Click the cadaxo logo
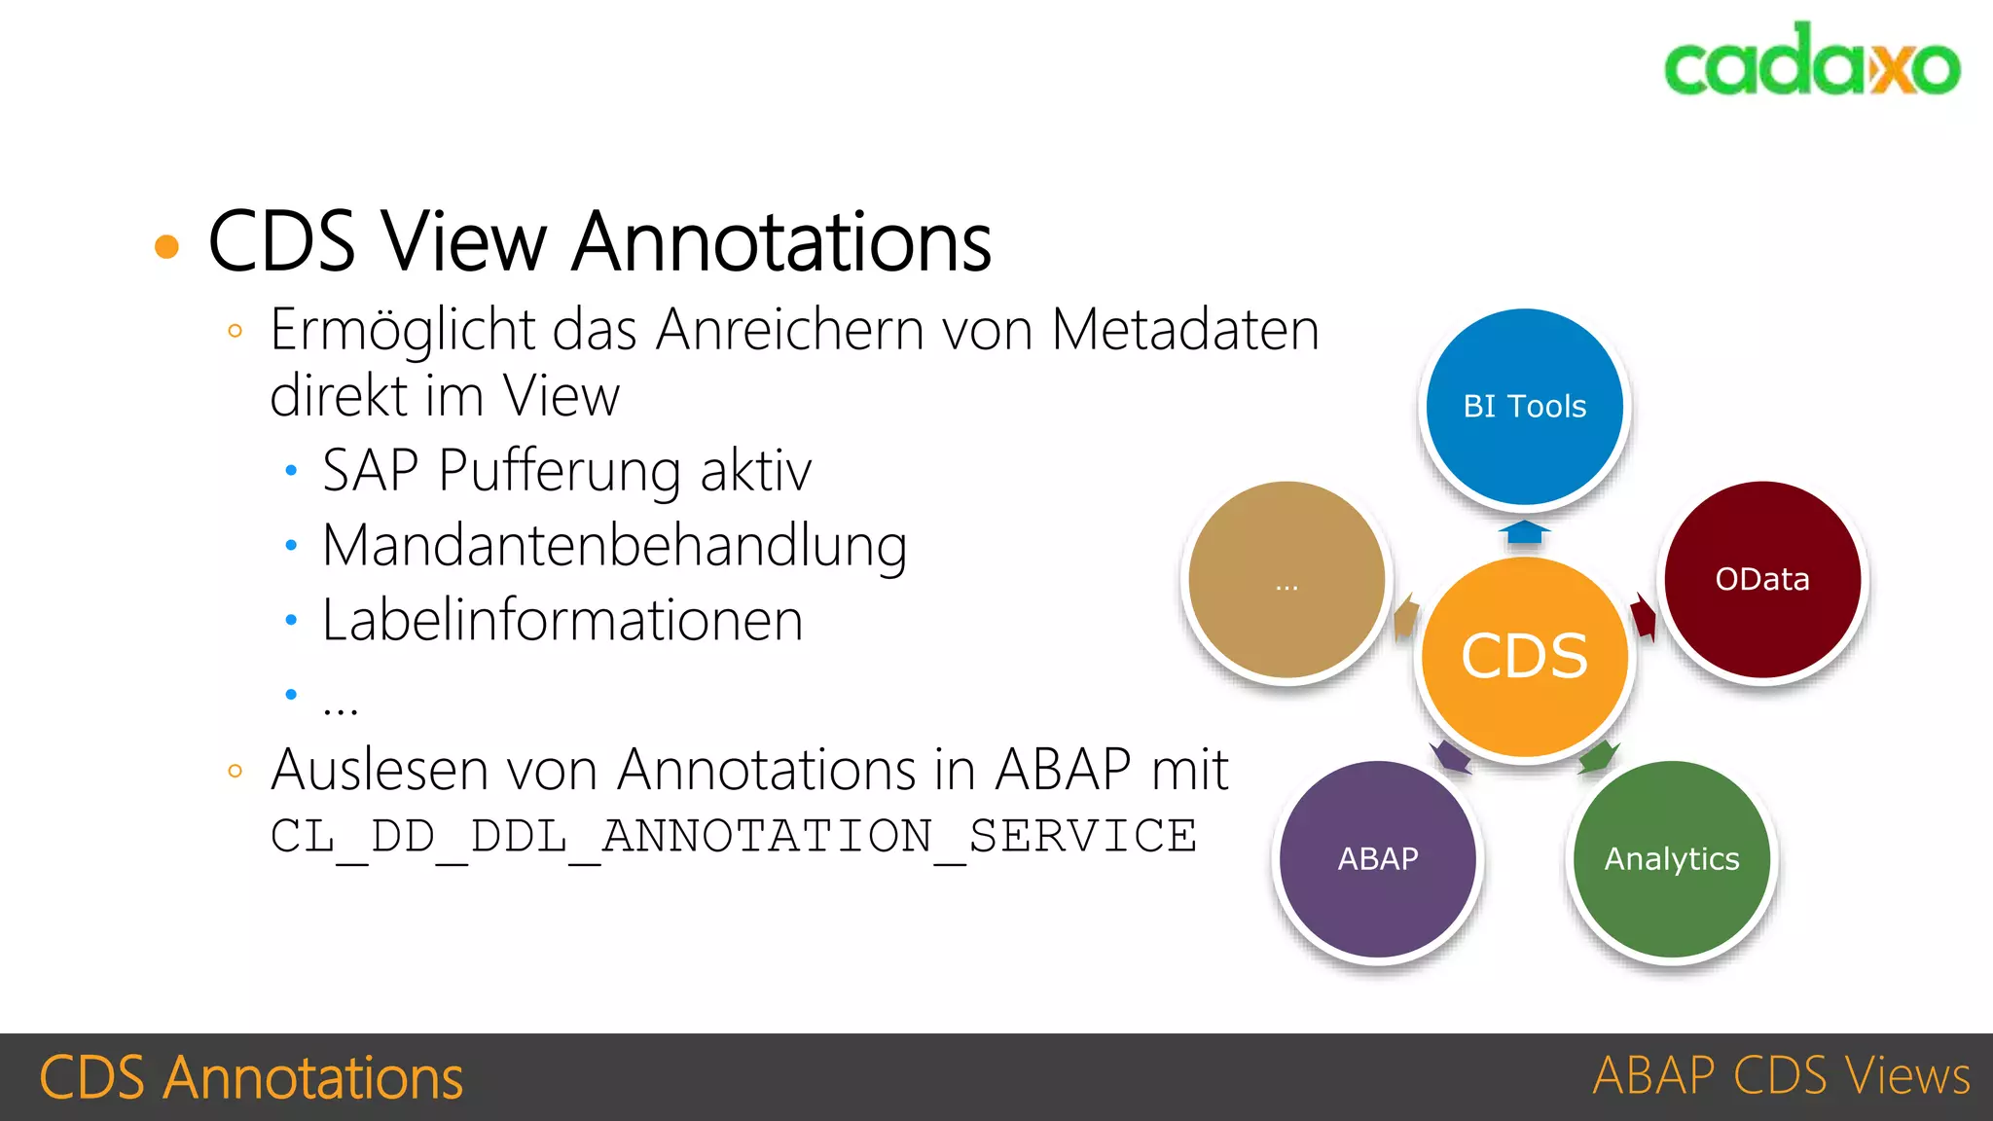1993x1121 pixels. click(x=1811, y=61)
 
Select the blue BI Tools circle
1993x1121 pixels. click(x=1524, y=407)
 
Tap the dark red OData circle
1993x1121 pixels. click(x=1762, y=580)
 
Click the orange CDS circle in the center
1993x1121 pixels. click(x=1524, y=657)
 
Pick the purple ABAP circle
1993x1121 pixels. click(x=1377, y=858)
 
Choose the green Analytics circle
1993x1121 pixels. click(x=1672, y=858)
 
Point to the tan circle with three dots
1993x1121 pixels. click(x=1286, y=580)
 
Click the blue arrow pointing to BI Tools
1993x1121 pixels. click(x=1524, y=532)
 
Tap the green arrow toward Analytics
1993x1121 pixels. click(x=1598, y=756)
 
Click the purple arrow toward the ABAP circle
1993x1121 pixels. click(x=1451, y=756)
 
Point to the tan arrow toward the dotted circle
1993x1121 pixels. click(x=1405, y=617)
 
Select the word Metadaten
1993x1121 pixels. click(x=1185, y=330)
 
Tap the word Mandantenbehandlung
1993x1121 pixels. click(x=614, y=545)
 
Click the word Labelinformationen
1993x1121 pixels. click(x=562, y=620)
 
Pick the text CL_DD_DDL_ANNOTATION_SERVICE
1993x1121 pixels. click(x=734, y=836)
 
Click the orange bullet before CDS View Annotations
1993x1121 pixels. click(x=167, y=246)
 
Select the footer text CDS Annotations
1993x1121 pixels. click(x=251, y=1077)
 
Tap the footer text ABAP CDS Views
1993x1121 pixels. click(x=1781, y=1076)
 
